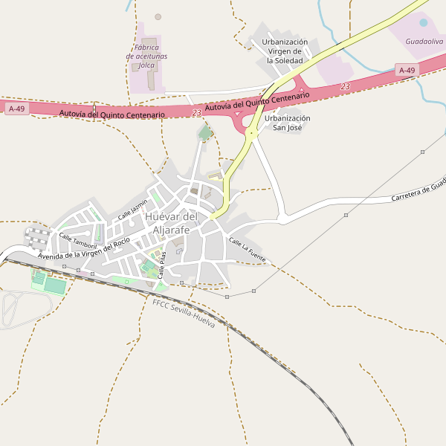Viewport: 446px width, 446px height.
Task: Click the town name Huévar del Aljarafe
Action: tap(172, 223)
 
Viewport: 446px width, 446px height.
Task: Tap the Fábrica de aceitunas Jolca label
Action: tap(146, 56)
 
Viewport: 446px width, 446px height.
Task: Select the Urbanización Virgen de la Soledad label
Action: tap(285, 51)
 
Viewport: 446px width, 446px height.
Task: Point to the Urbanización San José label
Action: tap(288, 123)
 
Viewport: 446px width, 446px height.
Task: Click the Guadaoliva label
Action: tap(424, 42)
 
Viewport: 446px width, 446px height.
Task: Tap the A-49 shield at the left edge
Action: tap(16, 109)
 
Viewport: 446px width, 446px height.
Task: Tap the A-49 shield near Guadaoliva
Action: tap(407, 71)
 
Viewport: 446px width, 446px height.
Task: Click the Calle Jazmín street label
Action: tap(132, 210)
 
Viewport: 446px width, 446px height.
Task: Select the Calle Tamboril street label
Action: tap(78, 241)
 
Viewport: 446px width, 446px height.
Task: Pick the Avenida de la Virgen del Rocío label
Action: tap(84, 250)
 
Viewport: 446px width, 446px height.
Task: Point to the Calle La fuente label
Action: tap(247, 245)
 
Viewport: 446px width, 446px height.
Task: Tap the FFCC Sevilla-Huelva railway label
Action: tap(184, 314)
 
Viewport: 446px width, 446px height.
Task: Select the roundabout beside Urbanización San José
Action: tap(252, 134)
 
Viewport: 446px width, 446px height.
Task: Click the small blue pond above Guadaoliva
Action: tap(424, 23)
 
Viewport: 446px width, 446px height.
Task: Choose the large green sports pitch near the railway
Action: tap(55, 285)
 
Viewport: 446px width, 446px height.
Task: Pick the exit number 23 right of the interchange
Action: tap(345, 87)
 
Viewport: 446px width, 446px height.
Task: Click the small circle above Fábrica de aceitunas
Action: tap(158, 16)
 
